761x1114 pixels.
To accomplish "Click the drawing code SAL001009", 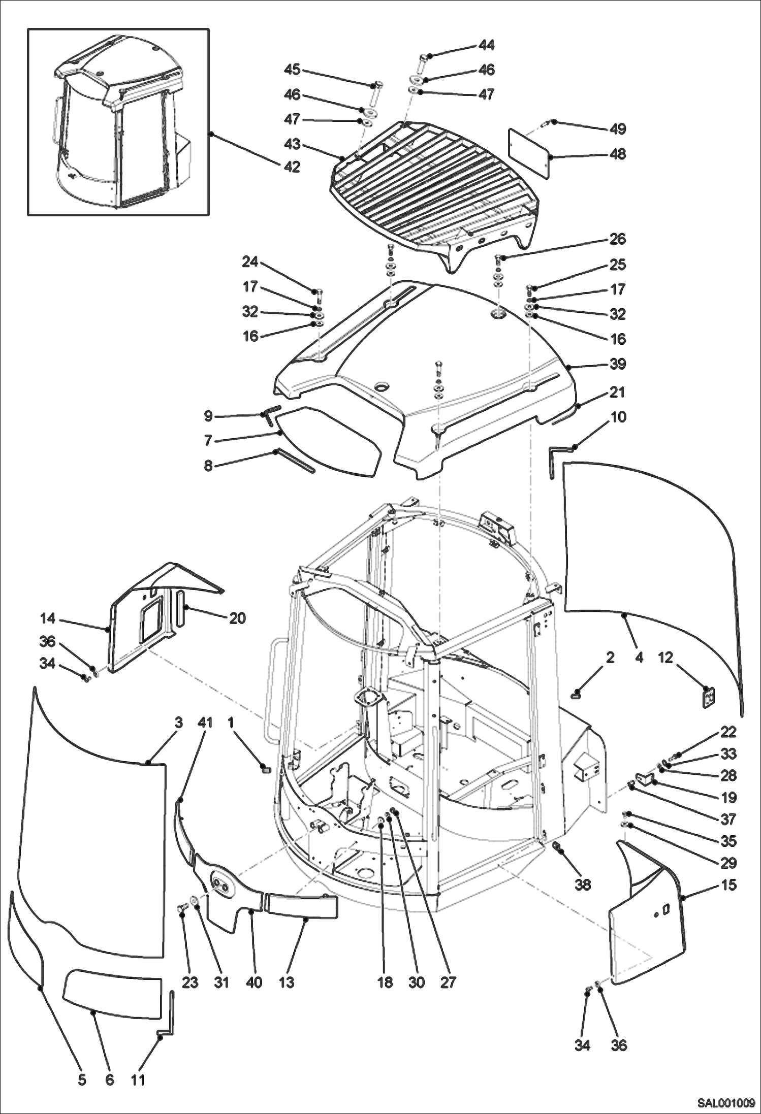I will coord(725,1103).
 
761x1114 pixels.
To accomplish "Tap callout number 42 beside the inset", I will coord(292,167).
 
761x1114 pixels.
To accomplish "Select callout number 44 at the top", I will coord(486,45).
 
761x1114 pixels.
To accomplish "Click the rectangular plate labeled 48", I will coord(528,153).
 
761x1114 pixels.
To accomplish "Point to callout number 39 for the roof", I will coord(618,364).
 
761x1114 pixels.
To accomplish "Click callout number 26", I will coord(618,239).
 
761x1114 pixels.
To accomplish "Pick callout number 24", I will coord(250,262).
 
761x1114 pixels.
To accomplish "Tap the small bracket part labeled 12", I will coord(708,696).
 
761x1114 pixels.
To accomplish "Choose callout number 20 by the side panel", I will coord(237,618).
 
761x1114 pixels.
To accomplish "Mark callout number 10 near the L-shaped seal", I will coord(618,417).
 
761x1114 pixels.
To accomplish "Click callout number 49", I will coord(618,129).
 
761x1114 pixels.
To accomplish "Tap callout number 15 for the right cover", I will coord(728,885).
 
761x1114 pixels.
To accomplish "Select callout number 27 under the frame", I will coord(448,982).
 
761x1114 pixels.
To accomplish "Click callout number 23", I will coord(190,982).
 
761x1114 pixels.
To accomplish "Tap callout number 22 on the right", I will coord(728,732).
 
